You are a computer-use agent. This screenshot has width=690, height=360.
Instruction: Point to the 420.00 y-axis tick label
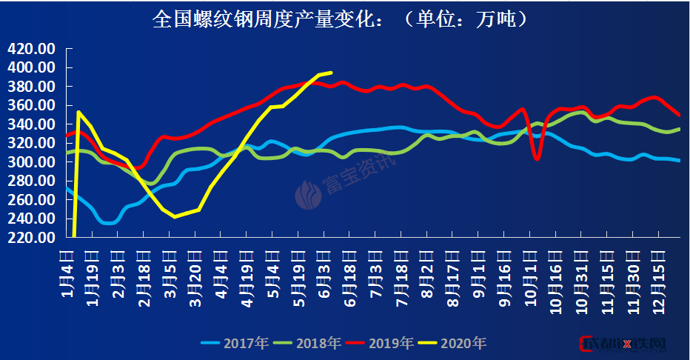pyautogui.click(x=32, y=49)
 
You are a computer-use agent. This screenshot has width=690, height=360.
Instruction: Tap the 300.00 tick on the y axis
pyautogui.click(x=32, y=162)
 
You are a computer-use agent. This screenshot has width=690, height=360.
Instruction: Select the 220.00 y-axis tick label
pyautogui.click(x=32, y=238)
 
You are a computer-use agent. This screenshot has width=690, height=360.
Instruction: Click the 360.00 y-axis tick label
pyautogui.click(x=32, y=105)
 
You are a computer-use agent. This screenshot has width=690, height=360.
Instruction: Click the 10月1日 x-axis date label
pyautogui.click(x=531, y=276)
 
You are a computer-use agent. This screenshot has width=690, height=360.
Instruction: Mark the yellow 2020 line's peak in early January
pyautogui.click(x=78, y=112)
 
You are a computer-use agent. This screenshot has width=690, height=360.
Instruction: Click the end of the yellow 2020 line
pyautogui.click(x=331, y=73)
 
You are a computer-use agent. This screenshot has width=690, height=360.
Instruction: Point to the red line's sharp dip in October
pyautogui.click(x=537, y=159)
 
